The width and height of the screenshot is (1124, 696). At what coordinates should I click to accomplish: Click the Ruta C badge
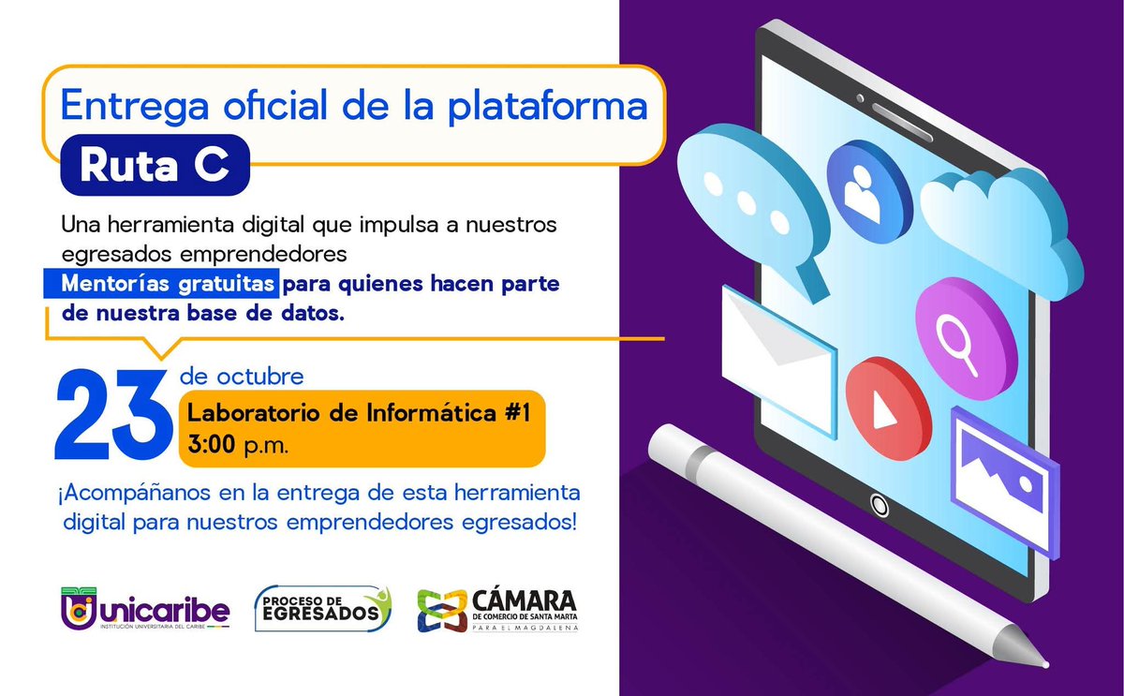(155, 166)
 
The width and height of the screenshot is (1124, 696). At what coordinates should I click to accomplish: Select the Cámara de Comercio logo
(497, 610)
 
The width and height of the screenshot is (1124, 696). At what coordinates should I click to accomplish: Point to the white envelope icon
(776, 356)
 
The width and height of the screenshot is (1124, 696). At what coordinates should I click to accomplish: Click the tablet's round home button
(880, 505)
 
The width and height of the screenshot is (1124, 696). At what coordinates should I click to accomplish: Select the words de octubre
(243, 378)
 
